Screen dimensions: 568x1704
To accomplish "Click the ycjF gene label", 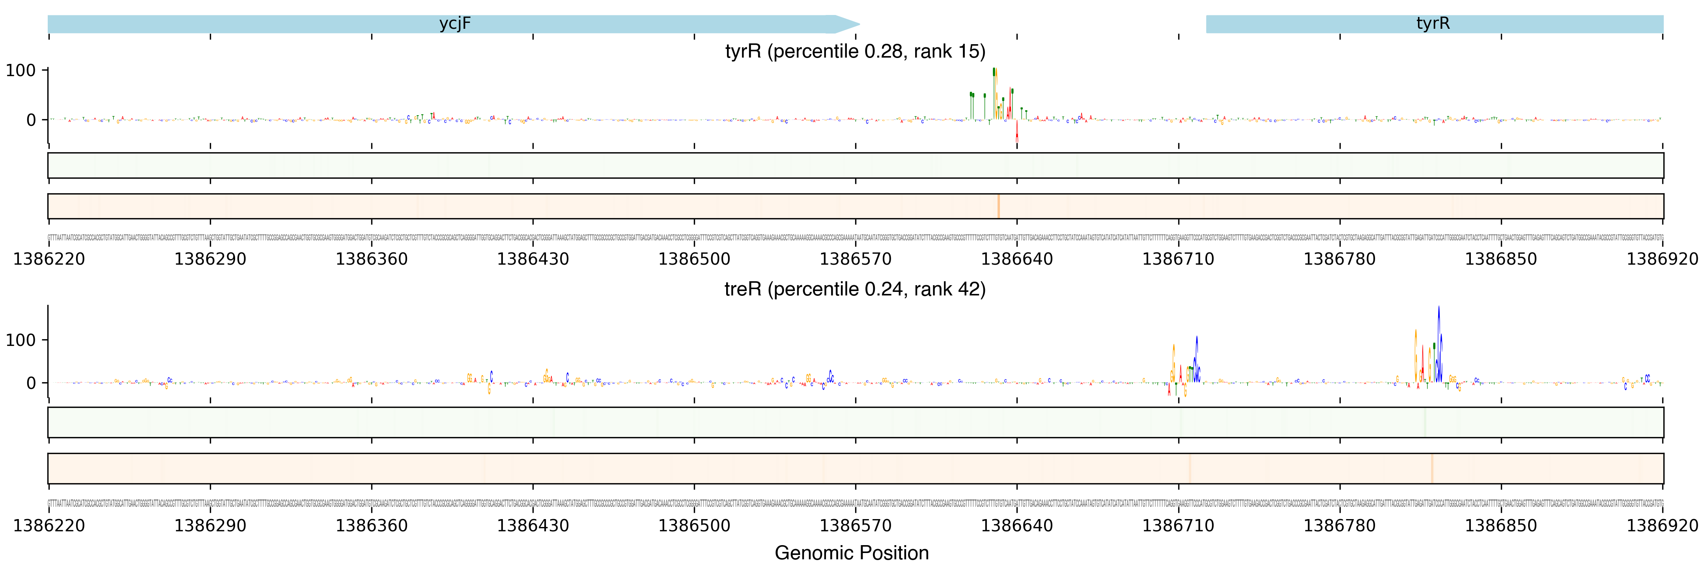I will [x=455, y=24].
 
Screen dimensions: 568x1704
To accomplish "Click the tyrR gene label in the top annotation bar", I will [x=1433, y=24].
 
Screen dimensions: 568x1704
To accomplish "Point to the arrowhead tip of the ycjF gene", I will [x=859, y=24].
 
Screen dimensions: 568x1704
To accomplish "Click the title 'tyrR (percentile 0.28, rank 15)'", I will [x=855, y=52].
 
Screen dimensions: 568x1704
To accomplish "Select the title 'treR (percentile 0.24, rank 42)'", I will [x=855, y=290].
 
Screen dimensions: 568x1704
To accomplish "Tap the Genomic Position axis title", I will [x=851, y=553].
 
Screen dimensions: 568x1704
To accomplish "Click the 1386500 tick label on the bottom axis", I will [x=694, y=526].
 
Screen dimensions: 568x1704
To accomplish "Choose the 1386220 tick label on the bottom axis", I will [x=49, y=526].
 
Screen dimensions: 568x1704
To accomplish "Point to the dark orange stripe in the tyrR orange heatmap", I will [x=998, y=206].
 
